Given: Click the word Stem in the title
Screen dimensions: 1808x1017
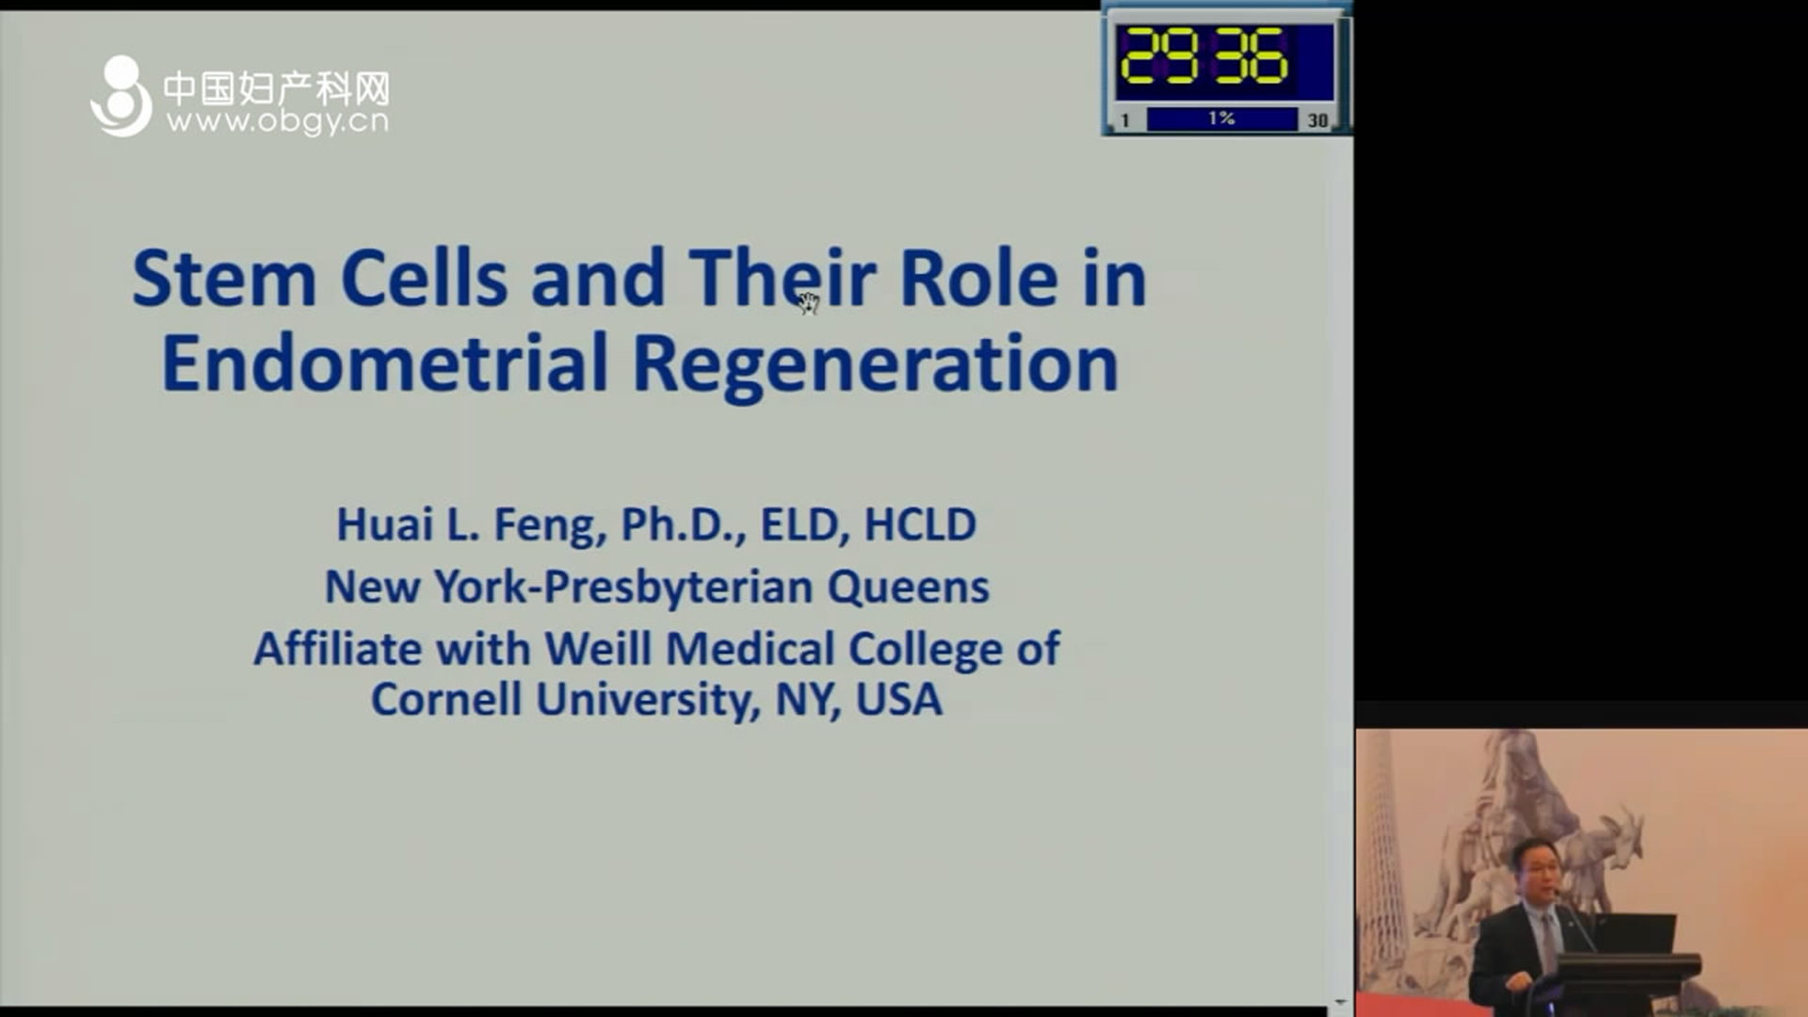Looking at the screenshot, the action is tap(224, 278).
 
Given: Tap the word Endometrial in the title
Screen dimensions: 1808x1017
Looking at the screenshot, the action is tap(385, 363).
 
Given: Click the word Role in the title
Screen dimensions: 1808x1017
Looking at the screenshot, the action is tap(978, 278).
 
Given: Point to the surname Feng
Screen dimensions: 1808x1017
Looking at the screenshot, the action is tap(550, 525).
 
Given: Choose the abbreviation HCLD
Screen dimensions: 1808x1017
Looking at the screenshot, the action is tap(920, 525).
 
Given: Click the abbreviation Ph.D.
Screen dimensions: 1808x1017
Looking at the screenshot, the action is tap(683, 525).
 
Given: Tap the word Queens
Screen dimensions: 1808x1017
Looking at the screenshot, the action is tap(908, 588).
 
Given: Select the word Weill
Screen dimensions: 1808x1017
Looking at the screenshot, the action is tap(598, 649).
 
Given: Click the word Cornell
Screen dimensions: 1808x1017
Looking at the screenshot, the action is tap(446, 700).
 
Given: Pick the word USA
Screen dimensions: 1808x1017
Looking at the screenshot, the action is tap(898, 700).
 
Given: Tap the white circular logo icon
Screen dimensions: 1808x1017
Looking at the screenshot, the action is tap(121, 96).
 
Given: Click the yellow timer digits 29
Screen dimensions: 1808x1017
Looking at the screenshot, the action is tap(1159, 56).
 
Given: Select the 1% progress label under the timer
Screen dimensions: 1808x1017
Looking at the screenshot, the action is tap(1221, 119).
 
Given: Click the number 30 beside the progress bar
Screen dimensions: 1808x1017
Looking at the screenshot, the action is tap(1317, 121).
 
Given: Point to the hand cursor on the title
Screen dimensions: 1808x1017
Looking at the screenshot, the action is tap(809, 302).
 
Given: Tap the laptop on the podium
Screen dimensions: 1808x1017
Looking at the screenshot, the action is tap(1637, 932).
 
